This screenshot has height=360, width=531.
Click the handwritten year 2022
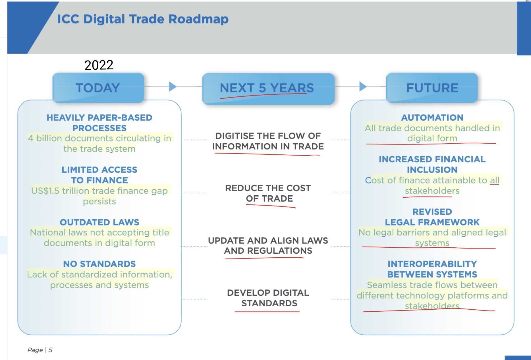99,65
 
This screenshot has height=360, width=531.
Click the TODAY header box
98,88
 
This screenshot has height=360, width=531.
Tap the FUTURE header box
432,88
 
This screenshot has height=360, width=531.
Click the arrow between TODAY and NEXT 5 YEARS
173,86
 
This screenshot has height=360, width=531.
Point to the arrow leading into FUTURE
363,86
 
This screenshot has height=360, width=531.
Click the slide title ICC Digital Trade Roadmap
143,19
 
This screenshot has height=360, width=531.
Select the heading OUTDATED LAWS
99,222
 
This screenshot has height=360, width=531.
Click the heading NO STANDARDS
99,264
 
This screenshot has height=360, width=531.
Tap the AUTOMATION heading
432,117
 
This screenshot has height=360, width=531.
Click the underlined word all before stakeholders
494,180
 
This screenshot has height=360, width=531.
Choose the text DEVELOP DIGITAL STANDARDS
268,298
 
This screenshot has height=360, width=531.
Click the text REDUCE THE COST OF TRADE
268,193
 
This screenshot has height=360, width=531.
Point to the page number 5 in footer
50,350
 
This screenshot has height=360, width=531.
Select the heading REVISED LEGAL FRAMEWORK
432,217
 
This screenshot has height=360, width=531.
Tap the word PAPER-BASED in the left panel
120,117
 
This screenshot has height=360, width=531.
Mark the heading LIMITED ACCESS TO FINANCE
99,175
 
